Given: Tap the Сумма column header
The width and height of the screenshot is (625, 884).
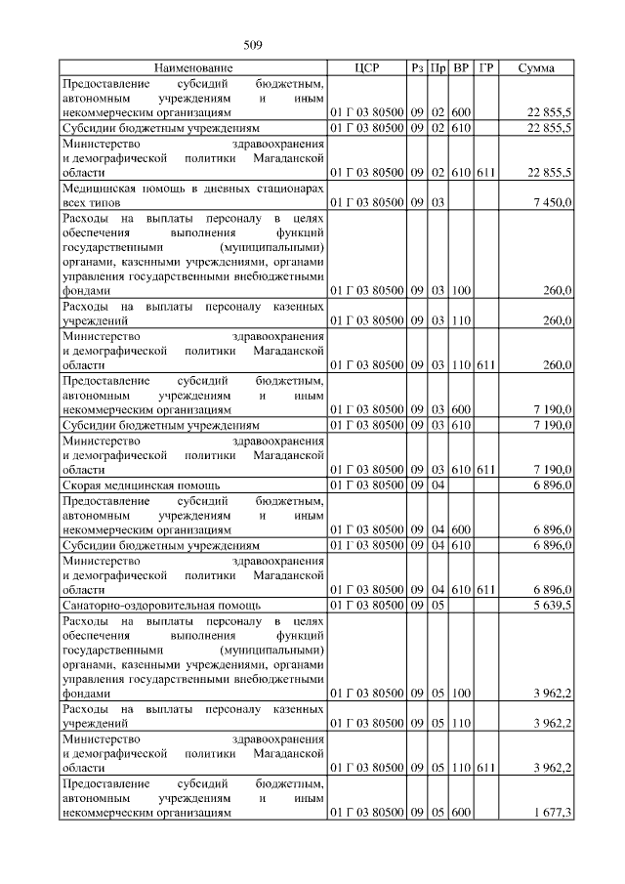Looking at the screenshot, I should (x=537, y=68).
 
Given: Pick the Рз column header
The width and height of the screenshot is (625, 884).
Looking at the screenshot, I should (x=418, y=68).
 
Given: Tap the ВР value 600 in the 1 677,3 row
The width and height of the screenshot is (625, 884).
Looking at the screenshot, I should (x=462, y=812).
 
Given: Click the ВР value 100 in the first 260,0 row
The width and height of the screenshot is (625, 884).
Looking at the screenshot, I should (x=462, y=290).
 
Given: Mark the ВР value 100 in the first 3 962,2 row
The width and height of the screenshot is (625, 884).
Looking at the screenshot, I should (x=462, y=694).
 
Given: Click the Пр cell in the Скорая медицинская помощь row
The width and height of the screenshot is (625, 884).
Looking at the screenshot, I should (x=438, y=484).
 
